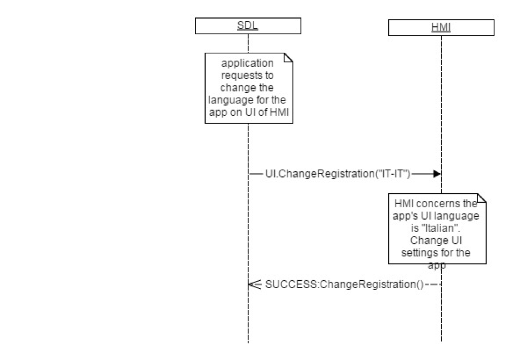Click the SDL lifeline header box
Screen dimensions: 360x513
point(248,26)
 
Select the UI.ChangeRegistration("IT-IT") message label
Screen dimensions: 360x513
point(338,174)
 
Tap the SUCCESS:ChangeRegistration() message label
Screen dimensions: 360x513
point(344,284)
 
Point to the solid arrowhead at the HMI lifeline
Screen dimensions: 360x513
point(436,174)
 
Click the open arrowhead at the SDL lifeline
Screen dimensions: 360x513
point(252,284)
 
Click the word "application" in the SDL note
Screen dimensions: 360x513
point(248,63)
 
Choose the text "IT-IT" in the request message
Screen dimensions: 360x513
point(396,174)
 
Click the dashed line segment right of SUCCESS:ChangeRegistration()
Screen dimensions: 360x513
point(433,284)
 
